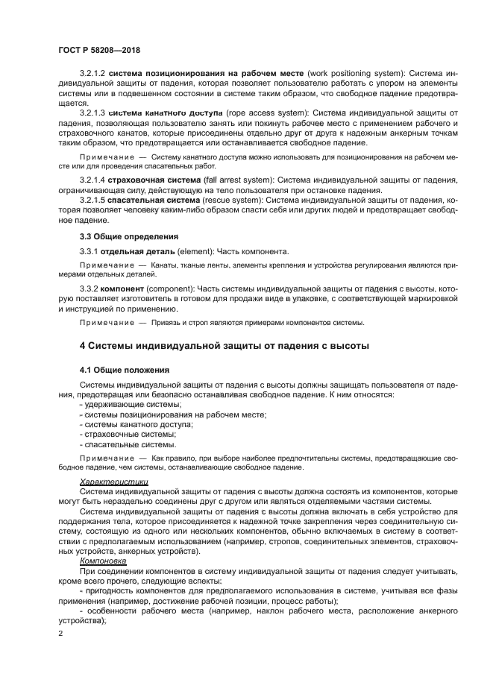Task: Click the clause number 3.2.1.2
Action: pos(94,75)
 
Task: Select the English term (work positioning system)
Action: pos(345,75)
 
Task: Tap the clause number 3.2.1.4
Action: pos(94,181)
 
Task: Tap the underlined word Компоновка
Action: pos(103,560)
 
